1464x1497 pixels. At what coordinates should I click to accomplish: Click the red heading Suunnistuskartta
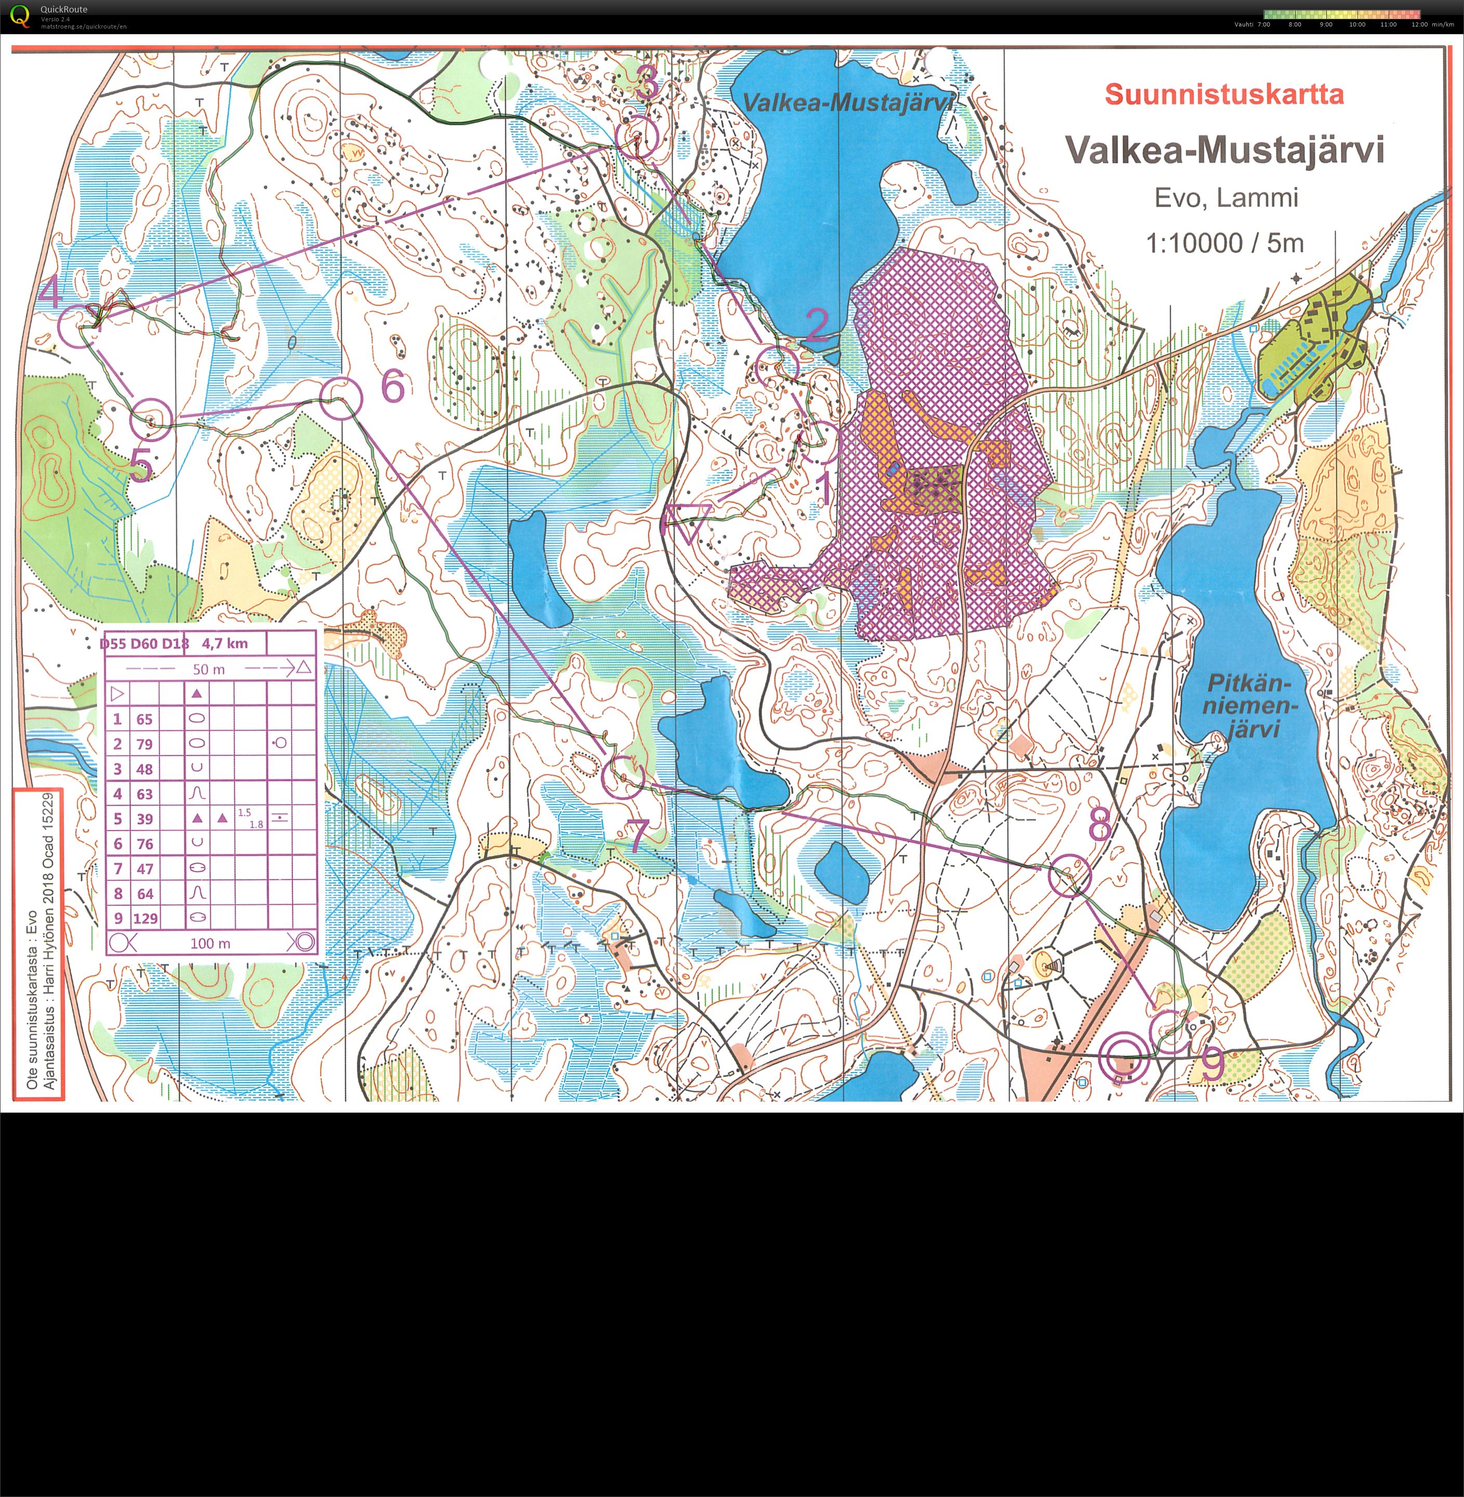[x=1224, y=95]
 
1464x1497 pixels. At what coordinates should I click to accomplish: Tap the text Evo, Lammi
[x=1226, y=197]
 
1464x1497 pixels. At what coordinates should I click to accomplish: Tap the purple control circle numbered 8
[x=1070, y=876]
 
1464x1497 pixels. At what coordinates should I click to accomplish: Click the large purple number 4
[x=50, y=293]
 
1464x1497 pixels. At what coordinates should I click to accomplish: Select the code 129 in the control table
[x=145, y=918]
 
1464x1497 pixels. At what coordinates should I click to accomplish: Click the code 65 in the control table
[x=144, y=719]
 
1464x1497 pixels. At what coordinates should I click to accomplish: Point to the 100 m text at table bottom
[x=210, y=943]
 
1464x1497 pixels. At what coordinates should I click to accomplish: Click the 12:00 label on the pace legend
[x=1419, y=24]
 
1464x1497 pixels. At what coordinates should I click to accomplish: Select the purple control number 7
[x=637, y=836]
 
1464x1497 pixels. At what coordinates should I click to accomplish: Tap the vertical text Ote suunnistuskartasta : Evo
[x=32, y=999]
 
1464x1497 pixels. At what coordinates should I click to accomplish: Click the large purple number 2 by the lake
[x=817, y=325]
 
